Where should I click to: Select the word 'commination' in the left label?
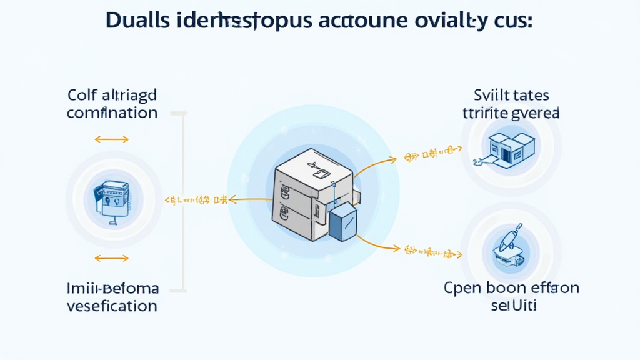112,113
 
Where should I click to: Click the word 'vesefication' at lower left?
111,306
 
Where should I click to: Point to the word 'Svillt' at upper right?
492,96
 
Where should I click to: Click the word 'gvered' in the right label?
535,113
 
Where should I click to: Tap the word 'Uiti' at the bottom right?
524,306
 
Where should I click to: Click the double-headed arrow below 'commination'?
112,139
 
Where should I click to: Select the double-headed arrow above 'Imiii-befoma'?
112,257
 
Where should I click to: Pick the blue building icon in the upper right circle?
511,147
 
